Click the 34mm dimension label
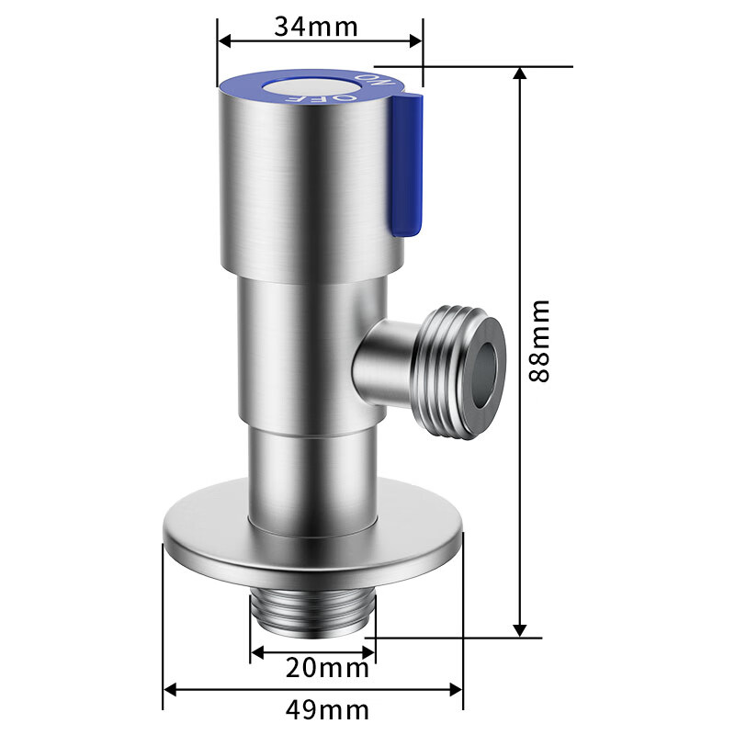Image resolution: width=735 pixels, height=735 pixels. point(315,26)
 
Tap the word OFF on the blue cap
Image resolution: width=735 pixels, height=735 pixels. point(341,95)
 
